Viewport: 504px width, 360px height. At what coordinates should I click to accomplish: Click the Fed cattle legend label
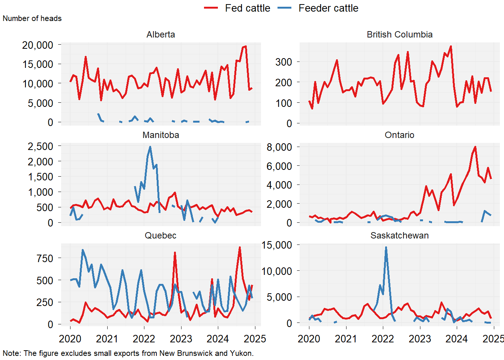[247, 8]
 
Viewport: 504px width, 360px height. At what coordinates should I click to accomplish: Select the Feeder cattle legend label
[328, 8]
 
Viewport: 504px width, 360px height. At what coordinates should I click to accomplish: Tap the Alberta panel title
[160, 34]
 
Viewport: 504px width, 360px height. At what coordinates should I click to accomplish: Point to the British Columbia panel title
[399, 34]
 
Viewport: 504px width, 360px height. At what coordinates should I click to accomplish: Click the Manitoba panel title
[160, 135]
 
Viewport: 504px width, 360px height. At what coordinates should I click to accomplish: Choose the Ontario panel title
[399, 135]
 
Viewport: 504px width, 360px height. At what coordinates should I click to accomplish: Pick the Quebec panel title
[160, 235]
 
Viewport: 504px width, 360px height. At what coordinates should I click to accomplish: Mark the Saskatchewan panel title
[399, 235]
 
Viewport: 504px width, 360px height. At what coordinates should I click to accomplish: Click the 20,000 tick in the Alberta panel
[38, 45]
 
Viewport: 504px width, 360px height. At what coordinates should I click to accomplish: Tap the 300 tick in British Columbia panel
[283, 62]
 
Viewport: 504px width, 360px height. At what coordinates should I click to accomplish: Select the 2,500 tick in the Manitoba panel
[40, 146]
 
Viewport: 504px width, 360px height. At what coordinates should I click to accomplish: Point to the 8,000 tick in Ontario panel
[279, 147]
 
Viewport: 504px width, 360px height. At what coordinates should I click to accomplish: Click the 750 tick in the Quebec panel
[45, 258]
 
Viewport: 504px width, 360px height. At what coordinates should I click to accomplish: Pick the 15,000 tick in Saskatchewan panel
[277, 245]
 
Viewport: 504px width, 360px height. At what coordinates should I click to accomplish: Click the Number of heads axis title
[32, 18]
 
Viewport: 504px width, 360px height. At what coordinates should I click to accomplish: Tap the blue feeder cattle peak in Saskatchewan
[386, 247]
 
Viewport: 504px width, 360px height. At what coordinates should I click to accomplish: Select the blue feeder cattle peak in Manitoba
[150, 147]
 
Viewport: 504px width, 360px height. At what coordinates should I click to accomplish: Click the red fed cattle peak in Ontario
[475, 147]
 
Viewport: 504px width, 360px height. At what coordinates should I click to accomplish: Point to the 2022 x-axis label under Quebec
[144, 339]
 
